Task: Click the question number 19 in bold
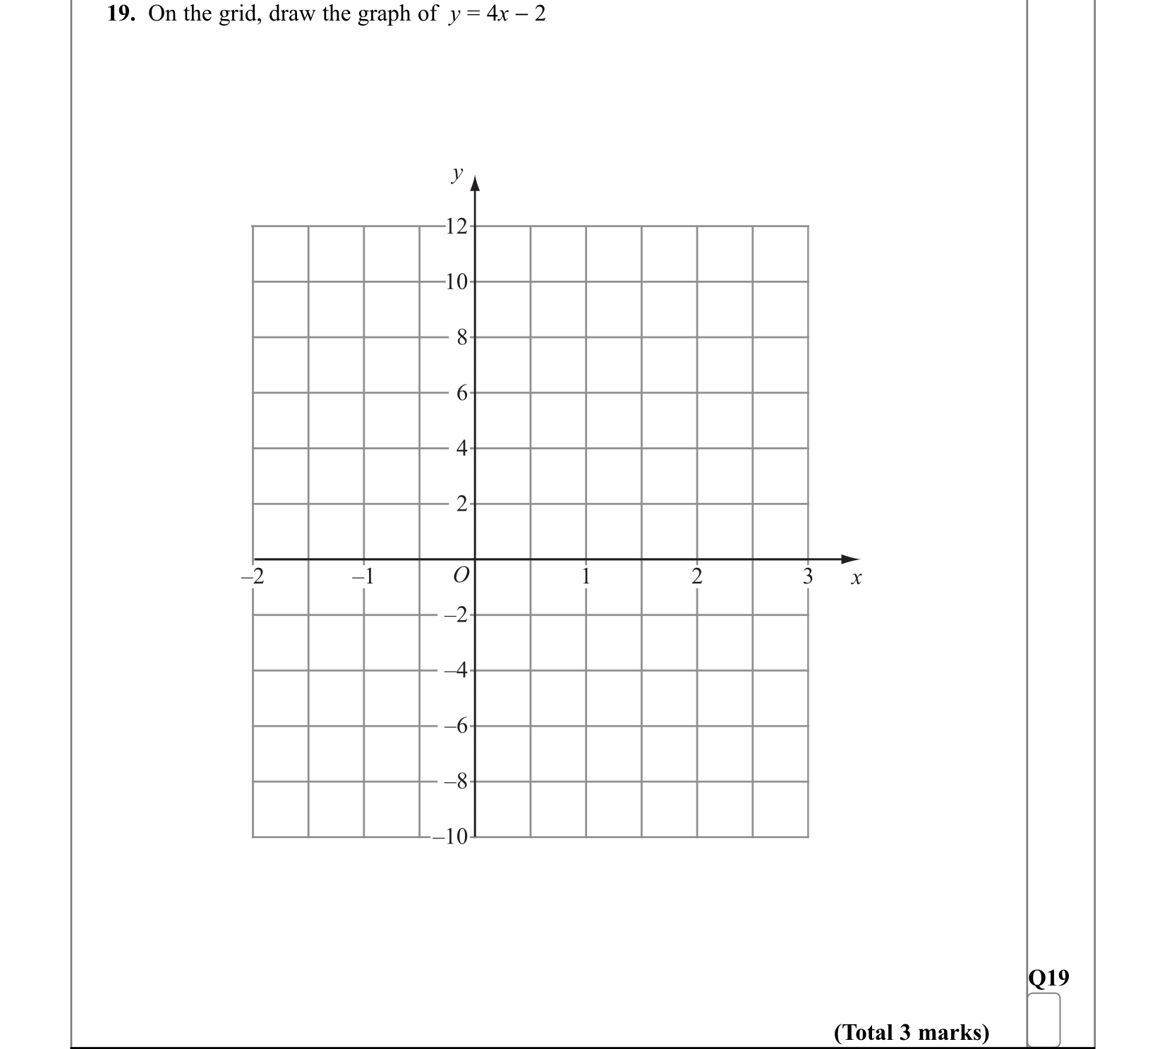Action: click(x=121, y=14)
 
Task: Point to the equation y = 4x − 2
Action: click(x=497, y=14)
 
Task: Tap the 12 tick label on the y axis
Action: click(x=457, y=226)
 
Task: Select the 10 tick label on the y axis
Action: click(x=457, y=282)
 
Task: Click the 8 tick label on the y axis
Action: click(x=461, y=338)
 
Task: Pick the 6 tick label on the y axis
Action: click(x=461, y=394)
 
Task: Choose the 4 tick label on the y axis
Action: click(x=461, y=449)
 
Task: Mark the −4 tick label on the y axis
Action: click(x=456, y=671)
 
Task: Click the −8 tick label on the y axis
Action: click(x=456, y=782)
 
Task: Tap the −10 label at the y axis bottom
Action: click(x=451, y=837)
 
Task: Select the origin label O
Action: click(x=460, y=575)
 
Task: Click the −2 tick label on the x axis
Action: click(x=252, y=576)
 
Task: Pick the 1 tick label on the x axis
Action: click(x=585, y=576)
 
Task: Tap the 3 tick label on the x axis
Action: click(x=808, y=576)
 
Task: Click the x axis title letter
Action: click(x=856, y=578)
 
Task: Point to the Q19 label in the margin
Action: click(x=1048, y=978)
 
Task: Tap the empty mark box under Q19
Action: click(x=1044, y=1019)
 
